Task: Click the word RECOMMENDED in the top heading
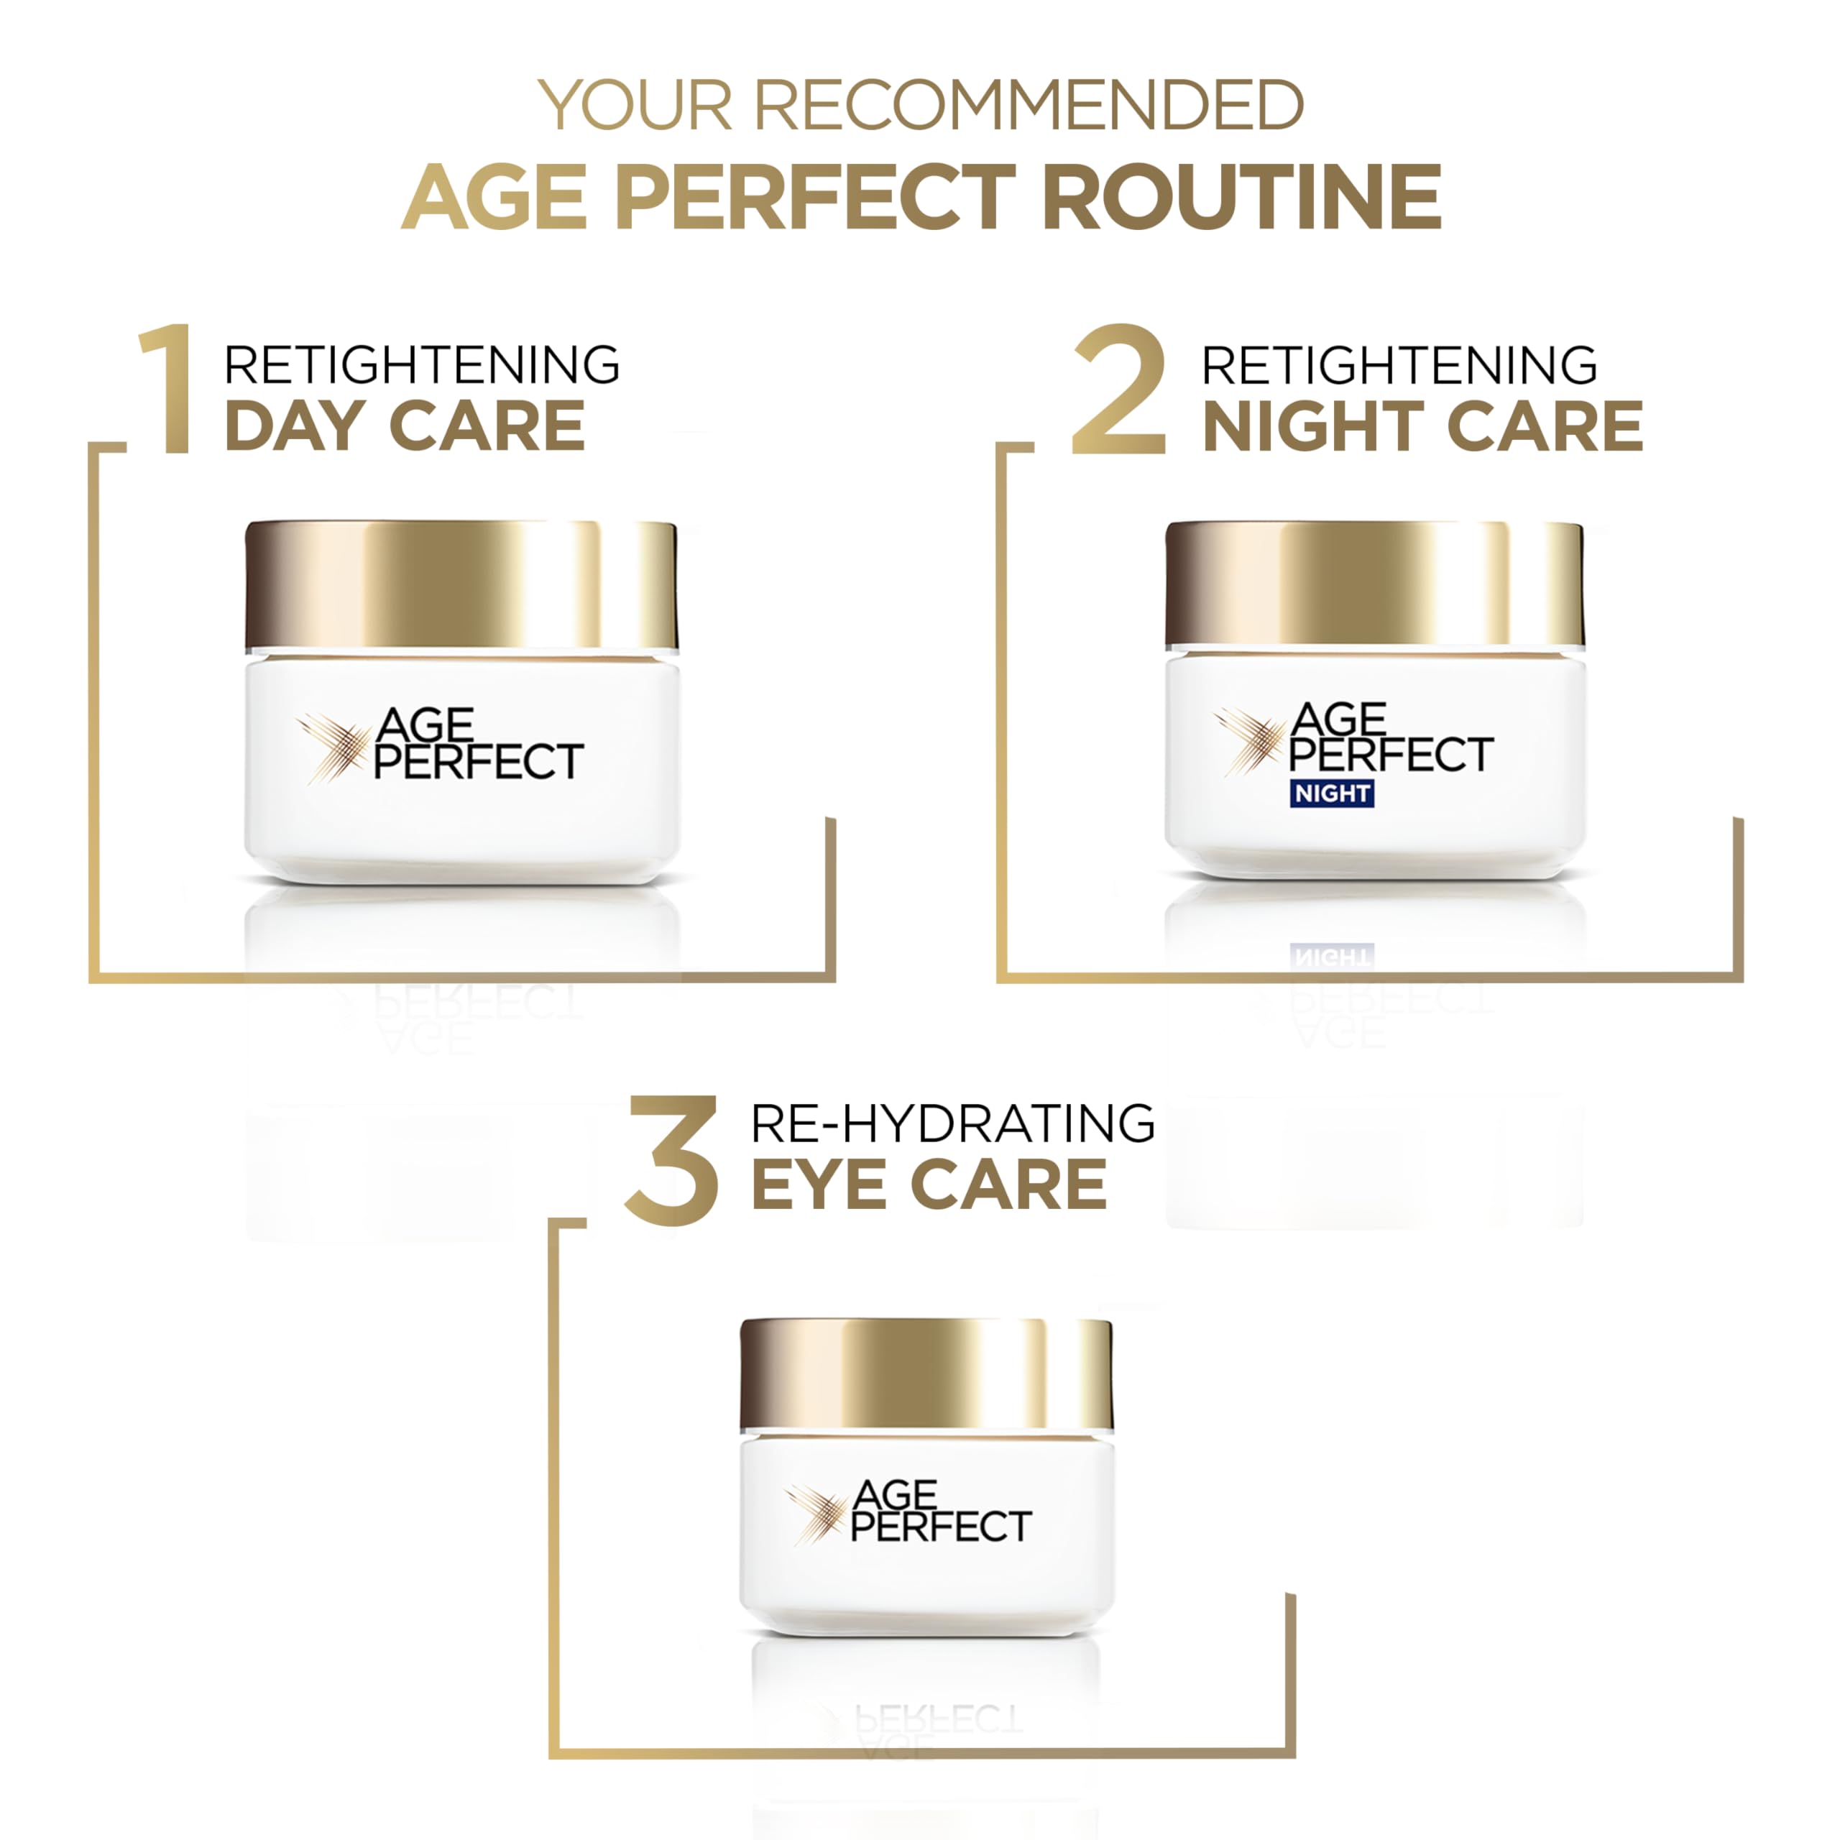pyautogui.click(x=1029, y=105)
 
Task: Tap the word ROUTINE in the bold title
pyautogui.click(x=1241, y=197)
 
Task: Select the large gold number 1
pyautogui.click(x=169, y=390)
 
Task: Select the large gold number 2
pyautogui.click(x=1118, y=390)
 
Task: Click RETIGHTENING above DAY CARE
pyautogui.click(x=421, y=364)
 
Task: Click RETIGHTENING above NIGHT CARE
pyautogui.click(x=1399, y=364)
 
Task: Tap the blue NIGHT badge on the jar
pyautogui.click(x=1331, y=793)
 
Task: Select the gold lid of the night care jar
pyautogui.click(x=1374, y=583)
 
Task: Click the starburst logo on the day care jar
pyautogui.click(x=332, y=747)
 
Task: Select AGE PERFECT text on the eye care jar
pyautogui.click(x=940, y=1512)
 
